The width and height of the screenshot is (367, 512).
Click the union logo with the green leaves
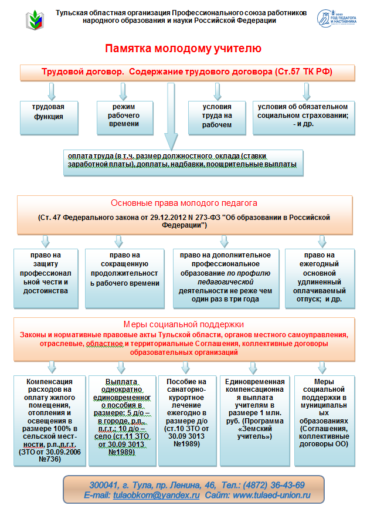[35, 20]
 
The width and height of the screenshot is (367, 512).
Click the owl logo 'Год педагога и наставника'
[337, 18]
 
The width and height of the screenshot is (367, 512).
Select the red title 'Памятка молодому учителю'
[183, 48]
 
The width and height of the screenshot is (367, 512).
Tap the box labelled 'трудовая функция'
[49, 118]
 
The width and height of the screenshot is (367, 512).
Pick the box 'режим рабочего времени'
[125, 118]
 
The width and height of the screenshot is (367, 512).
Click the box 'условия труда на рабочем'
[217, 118]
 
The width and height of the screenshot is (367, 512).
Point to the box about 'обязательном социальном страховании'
[304, 118]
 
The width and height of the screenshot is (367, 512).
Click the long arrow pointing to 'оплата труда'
[171, 117]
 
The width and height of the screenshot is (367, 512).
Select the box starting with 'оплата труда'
[183, 162]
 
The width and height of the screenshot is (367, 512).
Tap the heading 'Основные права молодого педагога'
[184, 203]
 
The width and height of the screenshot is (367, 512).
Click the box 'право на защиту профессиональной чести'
[46, 279]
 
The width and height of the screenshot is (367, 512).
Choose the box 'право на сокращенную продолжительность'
[125, 279]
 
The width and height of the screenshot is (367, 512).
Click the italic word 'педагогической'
[225, 282]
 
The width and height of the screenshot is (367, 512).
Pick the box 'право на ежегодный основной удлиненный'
[320, 279]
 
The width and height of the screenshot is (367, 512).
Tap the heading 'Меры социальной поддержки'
[183, 324]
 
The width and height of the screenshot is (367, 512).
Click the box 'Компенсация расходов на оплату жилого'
[50, 421]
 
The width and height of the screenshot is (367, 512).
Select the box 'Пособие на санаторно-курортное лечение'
[187, 421]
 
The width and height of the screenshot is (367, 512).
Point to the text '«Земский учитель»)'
[254, 432]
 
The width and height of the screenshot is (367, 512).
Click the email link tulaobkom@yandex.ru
[157, 496]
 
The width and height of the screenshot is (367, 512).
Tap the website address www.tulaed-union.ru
[271, 496]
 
